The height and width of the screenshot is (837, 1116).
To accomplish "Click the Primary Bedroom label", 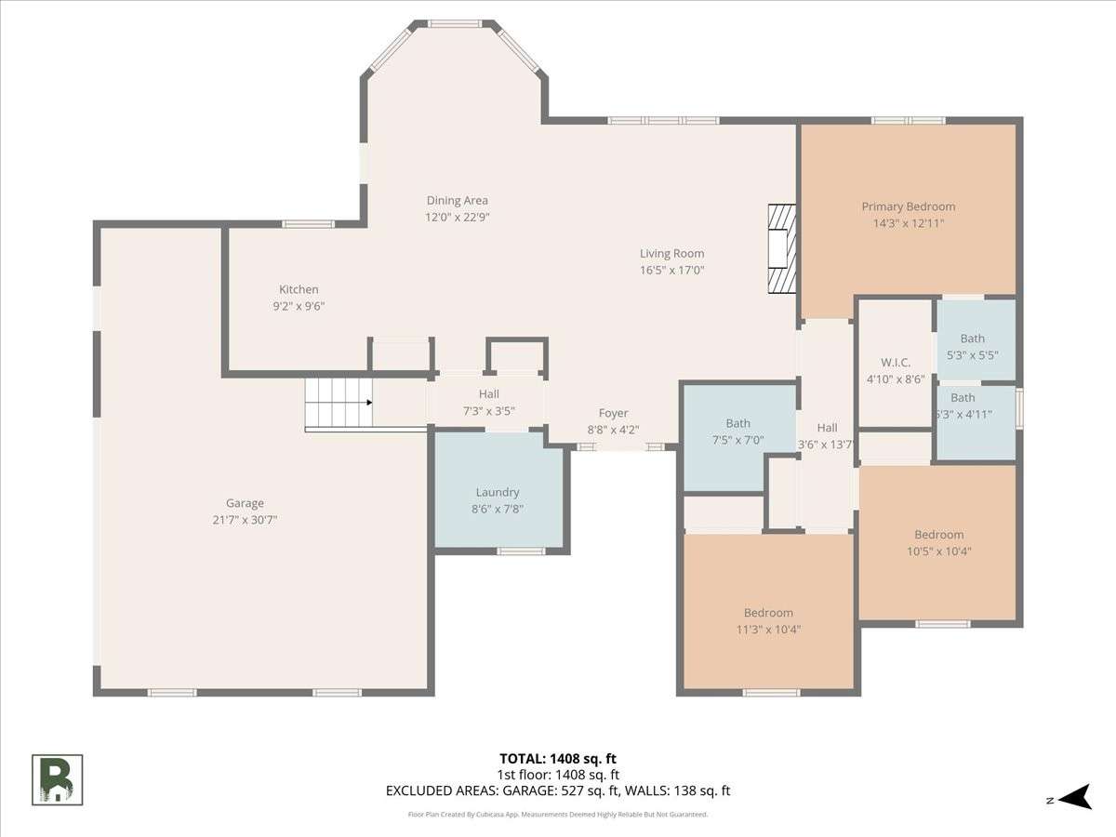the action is tap(908, 206).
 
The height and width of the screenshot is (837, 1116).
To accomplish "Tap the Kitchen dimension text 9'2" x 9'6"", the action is tap(299, 306).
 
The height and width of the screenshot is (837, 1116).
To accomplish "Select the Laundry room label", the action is tap(498, 492).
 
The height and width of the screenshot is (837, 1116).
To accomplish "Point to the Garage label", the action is tap(246, 503).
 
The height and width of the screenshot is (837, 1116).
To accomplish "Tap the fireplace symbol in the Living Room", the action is tap(781, 248).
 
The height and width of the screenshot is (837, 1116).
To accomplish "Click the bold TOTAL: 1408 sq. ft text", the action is tap(558, 759).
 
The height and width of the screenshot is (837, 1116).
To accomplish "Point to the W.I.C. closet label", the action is tap(896, 363).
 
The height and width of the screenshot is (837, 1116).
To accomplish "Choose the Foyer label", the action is tap(613, 413).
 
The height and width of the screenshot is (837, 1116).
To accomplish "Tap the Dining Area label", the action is tap(457, 201).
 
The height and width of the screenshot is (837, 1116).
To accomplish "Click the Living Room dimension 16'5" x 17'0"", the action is tap(671, 270).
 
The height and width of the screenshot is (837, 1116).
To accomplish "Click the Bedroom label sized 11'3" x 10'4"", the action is tap(768, 613).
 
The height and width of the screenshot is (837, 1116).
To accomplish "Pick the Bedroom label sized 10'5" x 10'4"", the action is tap(939, 535).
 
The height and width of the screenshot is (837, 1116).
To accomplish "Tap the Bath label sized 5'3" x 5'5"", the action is tap(973, 339).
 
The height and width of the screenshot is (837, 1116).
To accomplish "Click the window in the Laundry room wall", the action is tap(521, 551).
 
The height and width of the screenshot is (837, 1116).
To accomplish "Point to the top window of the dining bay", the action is tap(454, 23).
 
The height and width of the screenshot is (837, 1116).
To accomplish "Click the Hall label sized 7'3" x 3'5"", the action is tap(488, 393).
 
